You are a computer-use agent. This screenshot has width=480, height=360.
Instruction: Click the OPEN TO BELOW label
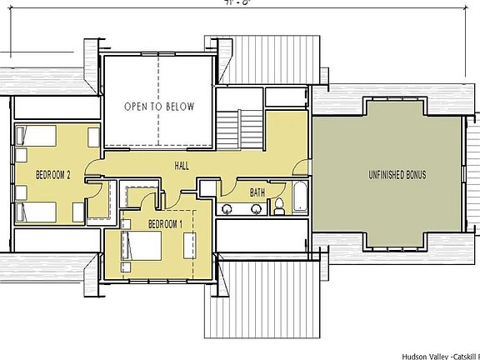click(x=159, y=107)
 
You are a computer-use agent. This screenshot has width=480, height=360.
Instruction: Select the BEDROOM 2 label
click(x=52, y=174)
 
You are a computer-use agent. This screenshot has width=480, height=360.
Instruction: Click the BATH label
click(x=257, y=192)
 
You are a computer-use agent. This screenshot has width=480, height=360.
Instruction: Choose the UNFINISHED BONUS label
click(x=397, y=175)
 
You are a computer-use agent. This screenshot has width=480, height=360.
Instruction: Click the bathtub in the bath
click(x=298, y=198)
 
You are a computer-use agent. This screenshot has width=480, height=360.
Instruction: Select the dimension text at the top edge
click(x=205, y=3)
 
